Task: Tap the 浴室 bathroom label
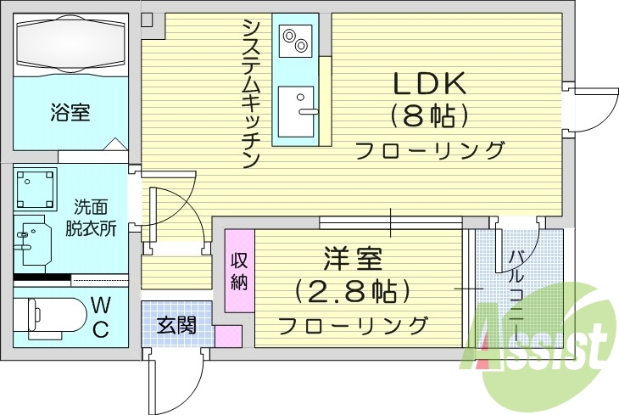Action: coord(70,112)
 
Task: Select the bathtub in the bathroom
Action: coord(70,42)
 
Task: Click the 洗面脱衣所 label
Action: coord(91,217)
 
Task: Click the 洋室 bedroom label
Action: coord(352,258)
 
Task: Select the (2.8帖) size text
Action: coord(352,291)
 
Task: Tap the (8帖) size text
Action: coord(429,115)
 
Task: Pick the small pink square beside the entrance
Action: coord(227,335)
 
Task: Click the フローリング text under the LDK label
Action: coord(429,151)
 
